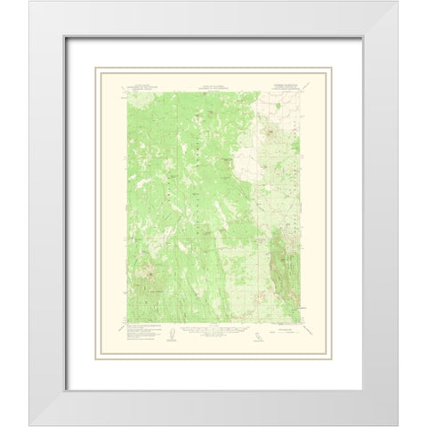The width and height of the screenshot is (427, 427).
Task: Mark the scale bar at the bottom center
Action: [x=213, y=330]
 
